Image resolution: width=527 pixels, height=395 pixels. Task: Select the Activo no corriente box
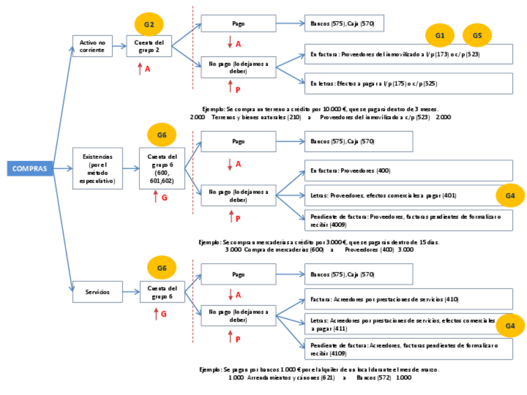[92, 46]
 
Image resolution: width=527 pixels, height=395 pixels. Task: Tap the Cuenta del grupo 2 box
[149, 46]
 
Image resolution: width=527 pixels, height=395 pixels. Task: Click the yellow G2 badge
[149, 25]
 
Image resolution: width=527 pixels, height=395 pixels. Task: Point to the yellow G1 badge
[440, 36]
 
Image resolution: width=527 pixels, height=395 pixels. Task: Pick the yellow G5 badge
[477, 36]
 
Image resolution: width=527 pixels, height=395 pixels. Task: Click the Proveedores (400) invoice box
[408, 170]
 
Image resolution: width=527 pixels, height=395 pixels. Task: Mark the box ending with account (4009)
[408, 220]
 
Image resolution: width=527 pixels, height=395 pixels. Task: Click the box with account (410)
[408, 299]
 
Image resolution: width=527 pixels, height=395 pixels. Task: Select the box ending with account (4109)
[408, 349]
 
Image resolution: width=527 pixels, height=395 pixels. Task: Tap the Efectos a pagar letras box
[408, 83]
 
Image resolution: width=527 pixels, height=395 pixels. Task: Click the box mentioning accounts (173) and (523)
[408, 54]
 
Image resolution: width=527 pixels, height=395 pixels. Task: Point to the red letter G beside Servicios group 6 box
[164, 314]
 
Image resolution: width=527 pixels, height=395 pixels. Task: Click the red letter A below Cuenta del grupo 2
[148, 69]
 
